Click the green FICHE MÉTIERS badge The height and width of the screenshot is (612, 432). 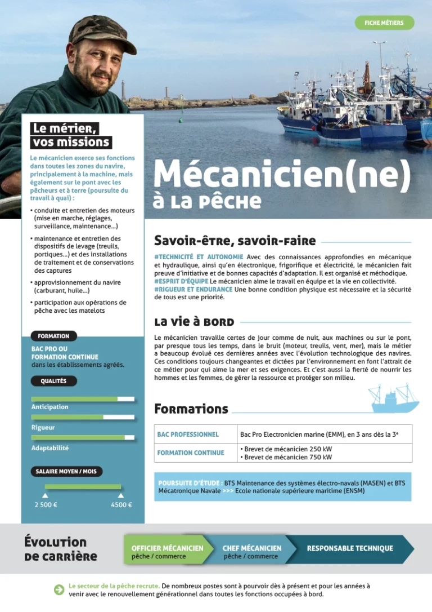point(384,23)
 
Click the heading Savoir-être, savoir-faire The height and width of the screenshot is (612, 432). point(235,241)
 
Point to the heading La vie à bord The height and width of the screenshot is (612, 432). point(194,322)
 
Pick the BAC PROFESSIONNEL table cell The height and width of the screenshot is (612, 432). point(188,434)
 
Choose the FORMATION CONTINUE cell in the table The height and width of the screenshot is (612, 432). point(191,453)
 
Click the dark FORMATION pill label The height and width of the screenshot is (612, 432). point(53,336)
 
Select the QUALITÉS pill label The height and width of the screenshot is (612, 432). point(53,381)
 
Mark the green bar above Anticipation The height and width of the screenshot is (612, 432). point(74,399)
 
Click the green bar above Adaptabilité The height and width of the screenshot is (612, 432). point(78,437)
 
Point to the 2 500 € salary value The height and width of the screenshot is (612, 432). point(46,505)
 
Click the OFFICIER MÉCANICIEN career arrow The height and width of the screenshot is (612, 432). point(167,551)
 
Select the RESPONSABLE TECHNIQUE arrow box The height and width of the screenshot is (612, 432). point(350,548)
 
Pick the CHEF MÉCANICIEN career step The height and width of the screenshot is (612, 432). point(251,551)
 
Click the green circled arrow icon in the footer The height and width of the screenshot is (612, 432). point(58,589)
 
